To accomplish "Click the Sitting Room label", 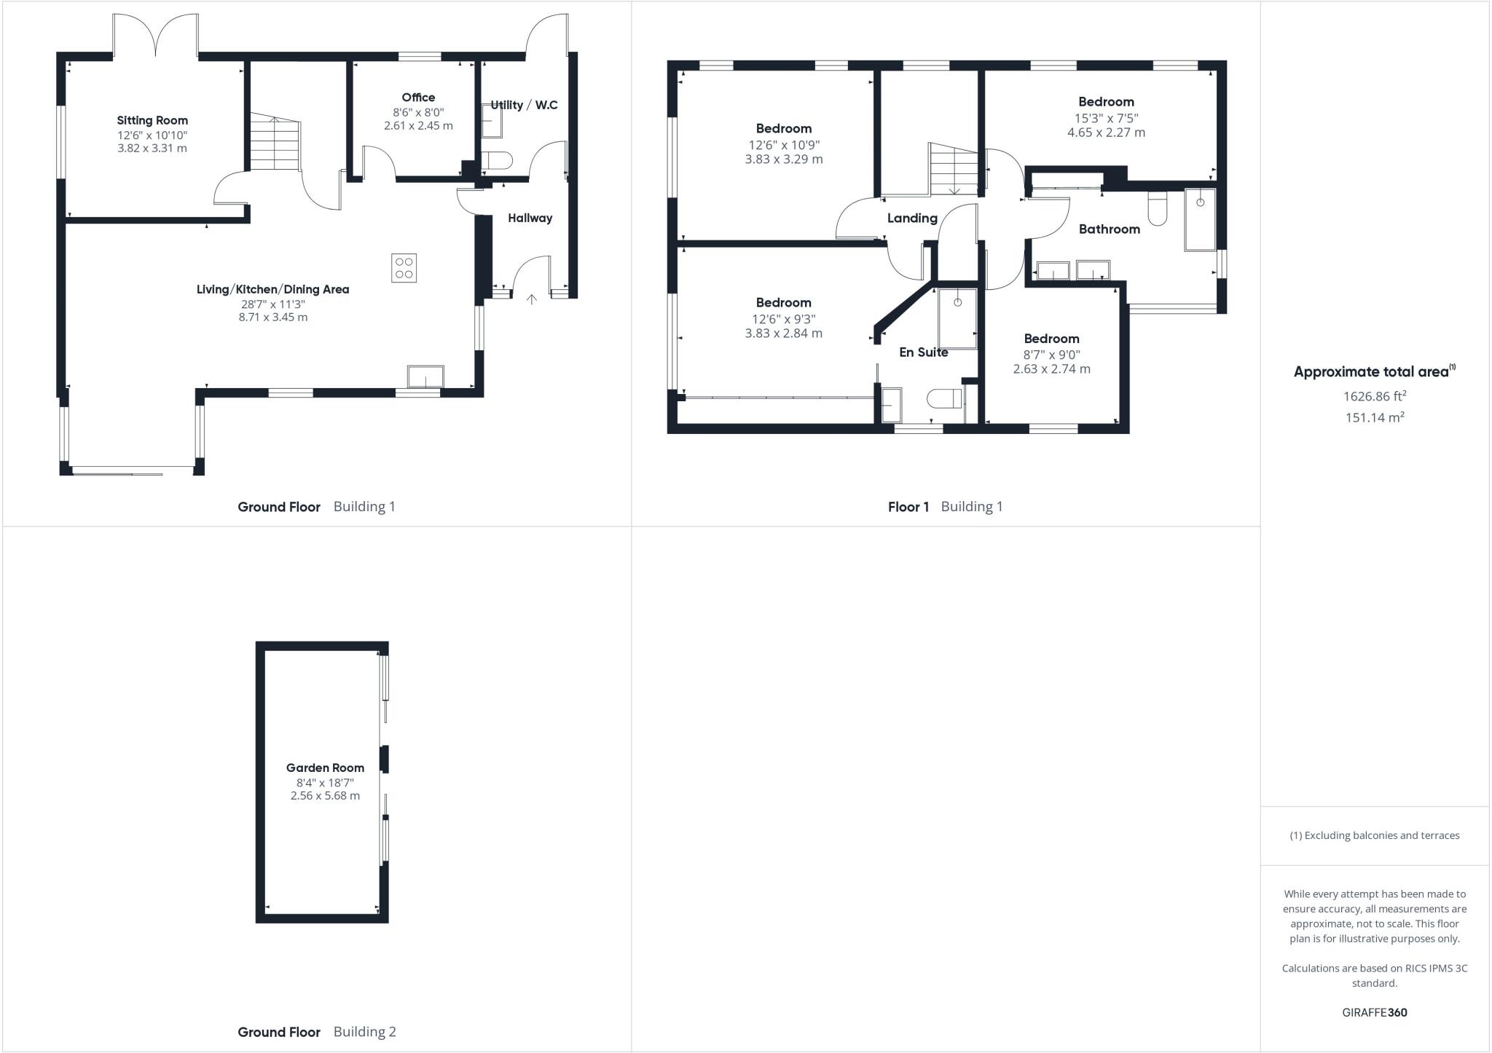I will pos(152,120).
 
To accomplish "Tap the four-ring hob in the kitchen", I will pos(404,267).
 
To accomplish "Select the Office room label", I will pos(418,98).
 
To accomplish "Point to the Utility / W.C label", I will pos(524,105).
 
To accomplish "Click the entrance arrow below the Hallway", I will pos(532,299).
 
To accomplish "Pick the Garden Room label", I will pos(325,768).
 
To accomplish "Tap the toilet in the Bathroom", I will pos(1157,208).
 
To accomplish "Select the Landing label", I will pos(912,218).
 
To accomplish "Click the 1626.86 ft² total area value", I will pos(1374,396).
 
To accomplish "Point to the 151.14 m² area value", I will pos(1374,417).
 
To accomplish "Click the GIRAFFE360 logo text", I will pos(1374,1012).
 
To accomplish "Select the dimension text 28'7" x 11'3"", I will pos(273,304).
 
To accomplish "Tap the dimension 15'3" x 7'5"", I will pos(1106,118).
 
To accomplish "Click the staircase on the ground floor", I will pos(275,144).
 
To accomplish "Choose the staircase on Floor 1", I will pos(953,170).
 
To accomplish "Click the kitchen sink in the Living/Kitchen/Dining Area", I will pos(425,377).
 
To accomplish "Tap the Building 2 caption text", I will pos(364,1031).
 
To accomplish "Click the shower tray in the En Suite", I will pos(957,319).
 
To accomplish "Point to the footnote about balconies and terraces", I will pos(1374,835).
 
